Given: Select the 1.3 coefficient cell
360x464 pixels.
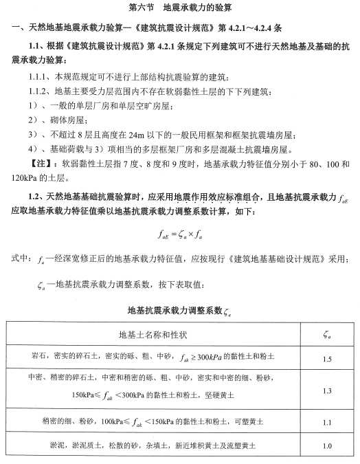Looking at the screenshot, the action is pyautogui.click(x=327, y=390).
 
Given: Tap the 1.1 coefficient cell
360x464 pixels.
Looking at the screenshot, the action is pyautogui.click(x=327, y=422).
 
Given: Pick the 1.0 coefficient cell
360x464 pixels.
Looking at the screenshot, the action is pyautogui.click(x=327, y=446).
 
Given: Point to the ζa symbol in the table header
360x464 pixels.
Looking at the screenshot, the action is pyautogui.click(x=327, y=335).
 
